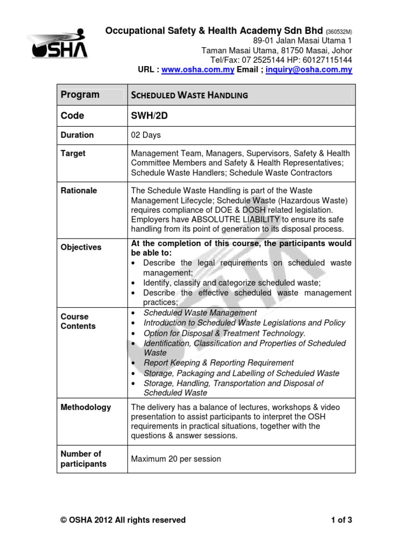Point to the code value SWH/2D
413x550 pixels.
[151, 115]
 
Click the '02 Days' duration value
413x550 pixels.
[146, 135]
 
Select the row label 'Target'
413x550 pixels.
[73, 154]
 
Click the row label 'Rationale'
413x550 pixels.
[79, 191]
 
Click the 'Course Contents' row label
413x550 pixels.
[78, 321]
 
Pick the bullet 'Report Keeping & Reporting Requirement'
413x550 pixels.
[218, 363]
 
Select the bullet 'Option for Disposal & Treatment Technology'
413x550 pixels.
[224, 333]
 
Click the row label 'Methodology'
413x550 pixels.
[86, 407]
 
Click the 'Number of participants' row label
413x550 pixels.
[83, 459]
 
